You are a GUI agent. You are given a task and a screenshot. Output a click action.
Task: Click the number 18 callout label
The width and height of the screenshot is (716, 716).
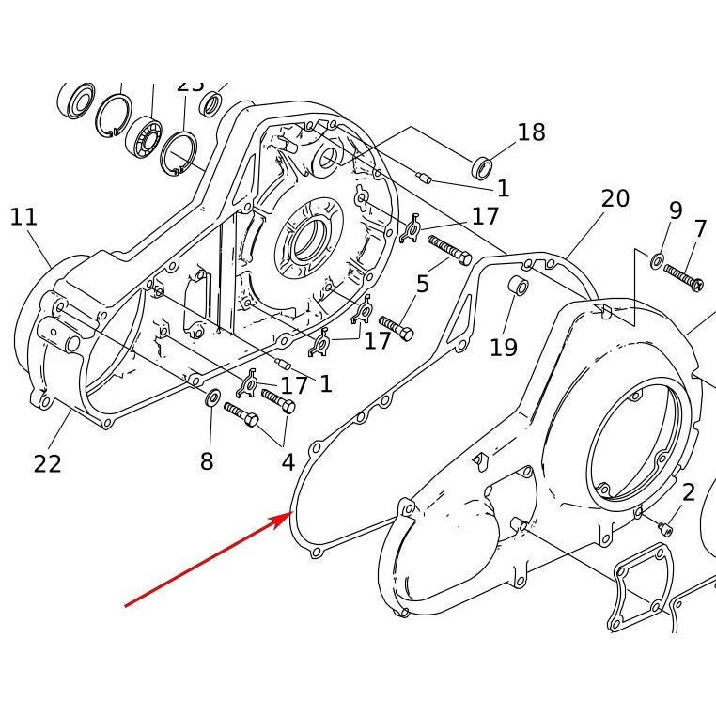pos(531,132)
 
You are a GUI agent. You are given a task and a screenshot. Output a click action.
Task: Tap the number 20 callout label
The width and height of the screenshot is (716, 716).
pos(615,198)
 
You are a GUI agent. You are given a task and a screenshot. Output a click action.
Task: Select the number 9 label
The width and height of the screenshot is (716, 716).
pos(675,210)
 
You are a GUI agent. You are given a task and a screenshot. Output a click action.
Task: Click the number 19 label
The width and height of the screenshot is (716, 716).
pos(504,347)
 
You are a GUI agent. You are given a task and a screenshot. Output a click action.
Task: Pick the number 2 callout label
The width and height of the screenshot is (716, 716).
pos(689,491)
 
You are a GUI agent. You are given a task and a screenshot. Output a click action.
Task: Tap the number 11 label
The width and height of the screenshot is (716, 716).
pos(23,218)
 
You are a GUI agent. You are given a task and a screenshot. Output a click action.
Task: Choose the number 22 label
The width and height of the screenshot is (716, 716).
pos(47,463)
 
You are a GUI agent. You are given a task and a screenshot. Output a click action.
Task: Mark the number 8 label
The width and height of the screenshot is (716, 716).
pos(207,460)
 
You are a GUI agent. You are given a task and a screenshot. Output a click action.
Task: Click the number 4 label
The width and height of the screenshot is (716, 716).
pos(288,462)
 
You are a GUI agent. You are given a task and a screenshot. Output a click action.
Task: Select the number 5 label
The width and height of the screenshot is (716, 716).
pos(423,283)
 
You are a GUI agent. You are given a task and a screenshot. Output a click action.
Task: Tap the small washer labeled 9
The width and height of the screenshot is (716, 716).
pos(656,258)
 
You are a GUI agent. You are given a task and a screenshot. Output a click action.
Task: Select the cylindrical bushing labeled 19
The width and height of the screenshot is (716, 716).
pos(516,286)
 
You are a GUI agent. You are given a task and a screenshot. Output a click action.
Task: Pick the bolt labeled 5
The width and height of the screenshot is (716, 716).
pos(450,250)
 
